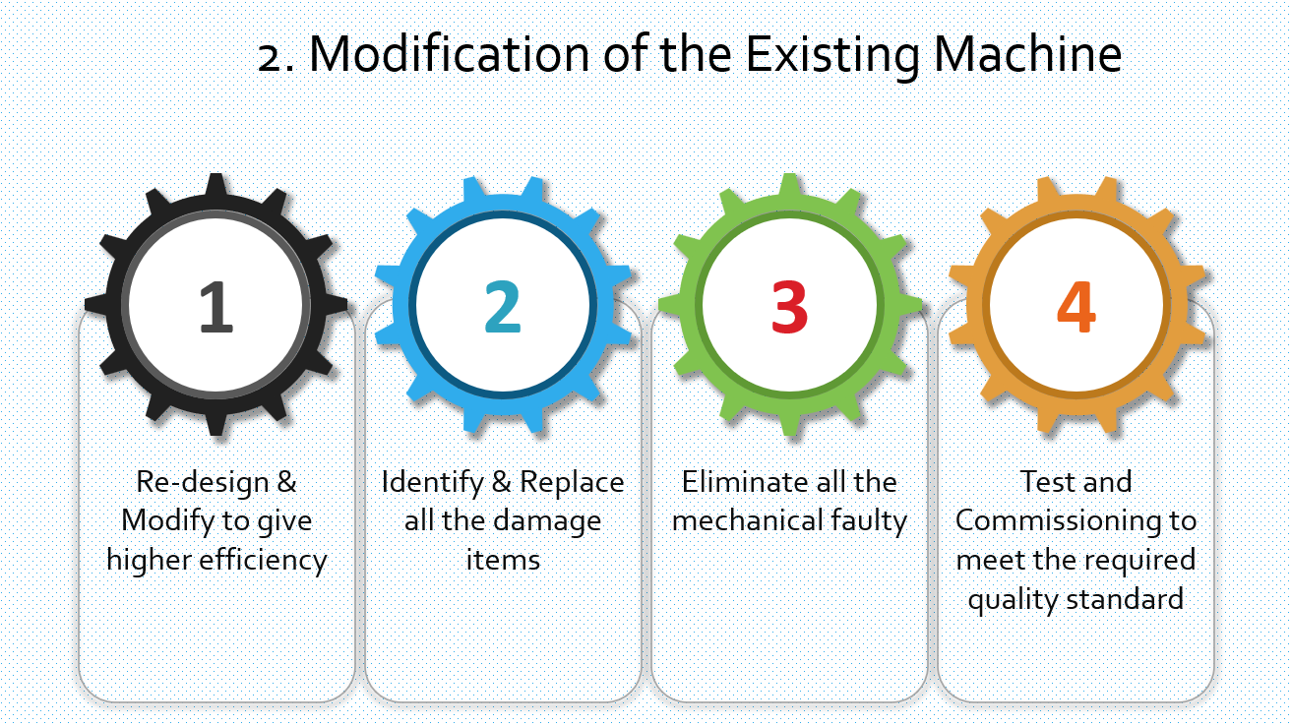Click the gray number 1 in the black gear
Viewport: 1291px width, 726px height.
[216, 306]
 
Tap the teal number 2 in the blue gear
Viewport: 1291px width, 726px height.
[503, 306]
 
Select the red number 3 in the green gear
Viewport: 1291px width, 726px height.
[789, 306]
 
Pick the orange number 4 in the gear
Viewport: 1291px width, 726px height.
[1076, 306]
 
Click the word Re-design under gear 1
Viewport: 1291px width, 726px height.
[202, 482]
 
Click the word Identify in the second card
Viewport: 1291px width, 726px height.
[432, 482]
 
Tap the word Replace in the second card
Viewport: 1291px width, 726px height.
[572, 482]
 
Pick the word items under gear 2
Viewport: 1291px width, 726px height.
[503, 560]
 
